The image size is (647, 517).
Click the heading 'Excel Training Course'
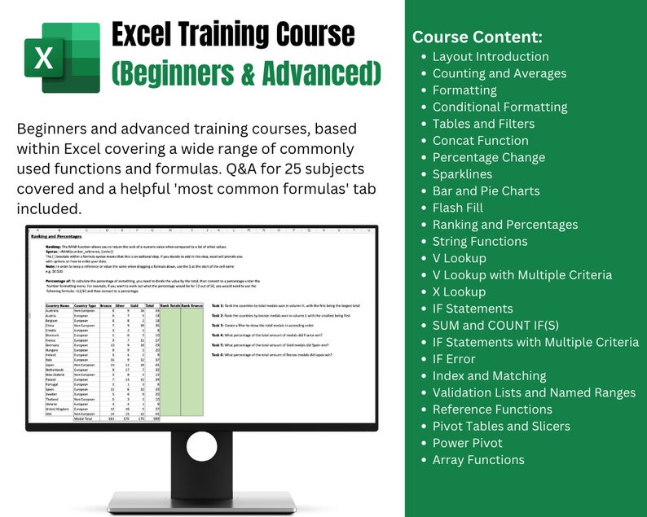tap(232, 35)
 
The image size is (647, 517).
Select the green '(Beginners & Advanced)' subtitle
tap(246, 74)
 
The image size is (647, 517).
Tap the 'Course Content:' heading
tap(478, 37)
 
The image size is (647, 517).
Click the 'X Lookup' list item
tap(459, 291)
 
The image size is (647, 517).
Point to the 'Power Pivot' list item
tap(468, 443)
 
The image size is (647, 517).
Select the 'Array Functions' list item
tap(478, 460)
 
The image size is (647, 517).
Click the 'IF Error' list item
tap(454, 359)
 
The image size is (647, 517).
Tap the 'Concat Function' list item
tap(481, 141)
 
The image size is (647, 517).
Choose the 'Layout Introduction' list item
tap(491, 57)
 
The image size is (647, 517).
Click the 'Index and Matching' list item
tap(489, 376)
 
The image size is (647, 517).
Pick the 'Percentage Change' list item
tap(489, 157)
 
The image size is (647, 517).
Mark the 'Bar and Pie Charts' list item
tap(486, 191)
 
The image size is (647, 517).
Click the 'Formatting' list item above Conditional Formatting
tap(464, 90)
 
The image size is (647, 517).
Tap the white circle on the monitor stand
tap(202, 446)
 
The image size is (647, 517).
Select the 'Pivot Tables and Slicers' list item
tap(501, 427)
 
